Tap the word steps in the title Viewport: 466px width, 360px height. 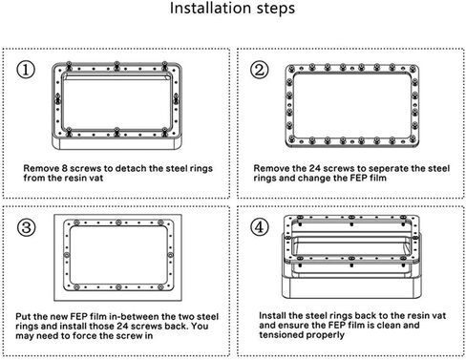(x=276, y=9)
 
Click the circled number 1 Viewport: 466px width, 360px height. (x=26, y=70)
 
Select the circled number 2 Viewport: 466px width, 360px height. (x=260, y=70)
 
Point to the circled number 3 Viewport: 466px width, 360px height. (x=26, y=227)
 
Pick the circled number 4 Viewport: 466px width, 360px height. (x=260, y=227)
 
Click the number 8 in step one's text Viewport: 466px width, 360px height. (x=65, y=168)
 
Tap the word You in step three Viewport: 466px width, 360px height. (x=201, y=326)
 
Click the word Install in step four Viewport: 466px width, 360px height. (x=273, y=315)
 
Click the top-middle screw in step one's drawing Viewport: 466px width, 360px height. (x=116, y=66)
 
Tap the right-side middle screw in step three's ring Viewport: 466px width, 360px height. (x=170, y=255)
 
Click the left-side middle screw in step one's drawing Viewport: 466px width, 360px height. (x=57, y=98)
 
